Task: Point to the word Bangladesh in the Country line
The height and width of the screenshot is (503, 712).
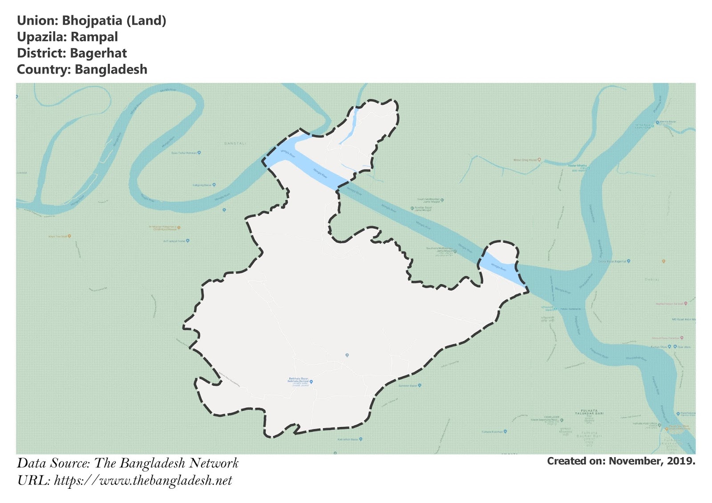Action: pyautogui.click(x=111, y=70)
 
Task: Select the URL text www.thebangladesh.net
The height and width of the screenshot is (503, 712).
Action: pyautogui.click(x=166, y=481)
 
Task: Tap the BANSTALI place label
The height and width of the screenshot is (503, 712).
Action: pyautogui.click(x=235, y=143)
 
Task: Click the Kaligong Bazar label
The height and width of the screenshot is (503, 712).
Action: pyautogui.click(x=202, y=185)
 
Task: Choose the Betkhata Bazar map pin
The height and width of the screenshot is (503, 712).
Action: pyautogui.click(x=311, y=382)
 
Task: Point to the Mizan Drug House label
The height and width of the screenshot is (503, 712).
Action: pyautogui.click(x=525, y=160)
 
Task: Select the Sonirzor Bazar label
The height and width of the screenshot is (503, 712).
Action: pyautogui.click(x=408, y=386)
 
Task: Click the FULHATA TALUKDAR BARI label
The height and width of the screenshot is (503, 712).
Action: pyautogui.click(x=589, y=412)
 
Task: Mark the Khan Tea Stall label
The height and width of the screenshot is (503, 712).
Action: pyautogui.click(x=57, y=236)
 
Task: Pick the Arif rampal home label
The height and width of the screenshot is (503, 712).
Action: pyautogui.click(x=174, y=241)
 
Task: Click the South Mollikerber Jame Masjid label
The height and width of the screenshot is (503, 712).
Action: pyautogui.click(x=428, y=201)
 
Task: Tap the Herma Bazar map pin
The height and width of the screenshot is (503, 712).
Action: pyautogui.click(x=657, y=122)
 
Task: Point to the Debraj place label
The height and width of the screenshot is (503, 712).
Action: pyautogui.click(x=651, y=279)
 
